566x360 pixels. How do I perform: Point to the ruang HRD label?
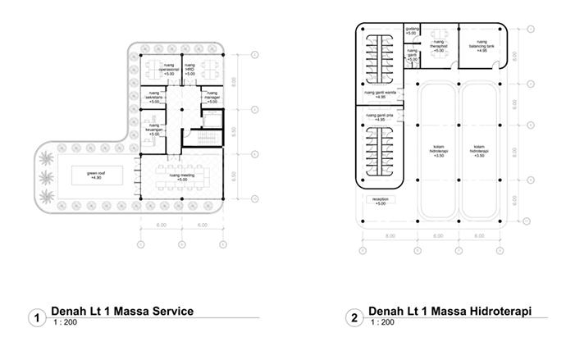pos(189,69)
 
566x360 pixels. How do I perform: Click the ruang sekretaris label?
pos(156,99)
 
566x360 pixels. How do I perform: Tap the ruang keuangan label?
pos(154,130)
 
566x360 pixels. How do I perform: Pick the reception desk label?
pos(380,201)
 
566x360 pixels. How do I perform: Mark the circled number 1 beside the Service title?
pos(34,318)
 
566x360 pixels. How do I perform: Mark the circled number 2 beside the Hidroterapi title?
pos(353,318)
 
